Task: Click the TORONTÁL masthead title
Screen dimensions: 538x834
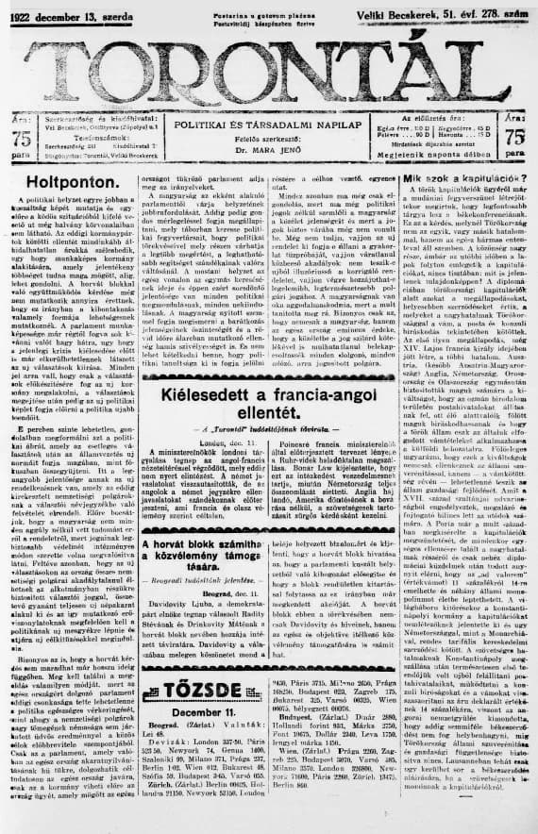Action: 269,68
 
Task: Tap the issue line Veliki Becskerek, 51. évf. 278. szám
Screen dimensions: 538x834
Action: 447,12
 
